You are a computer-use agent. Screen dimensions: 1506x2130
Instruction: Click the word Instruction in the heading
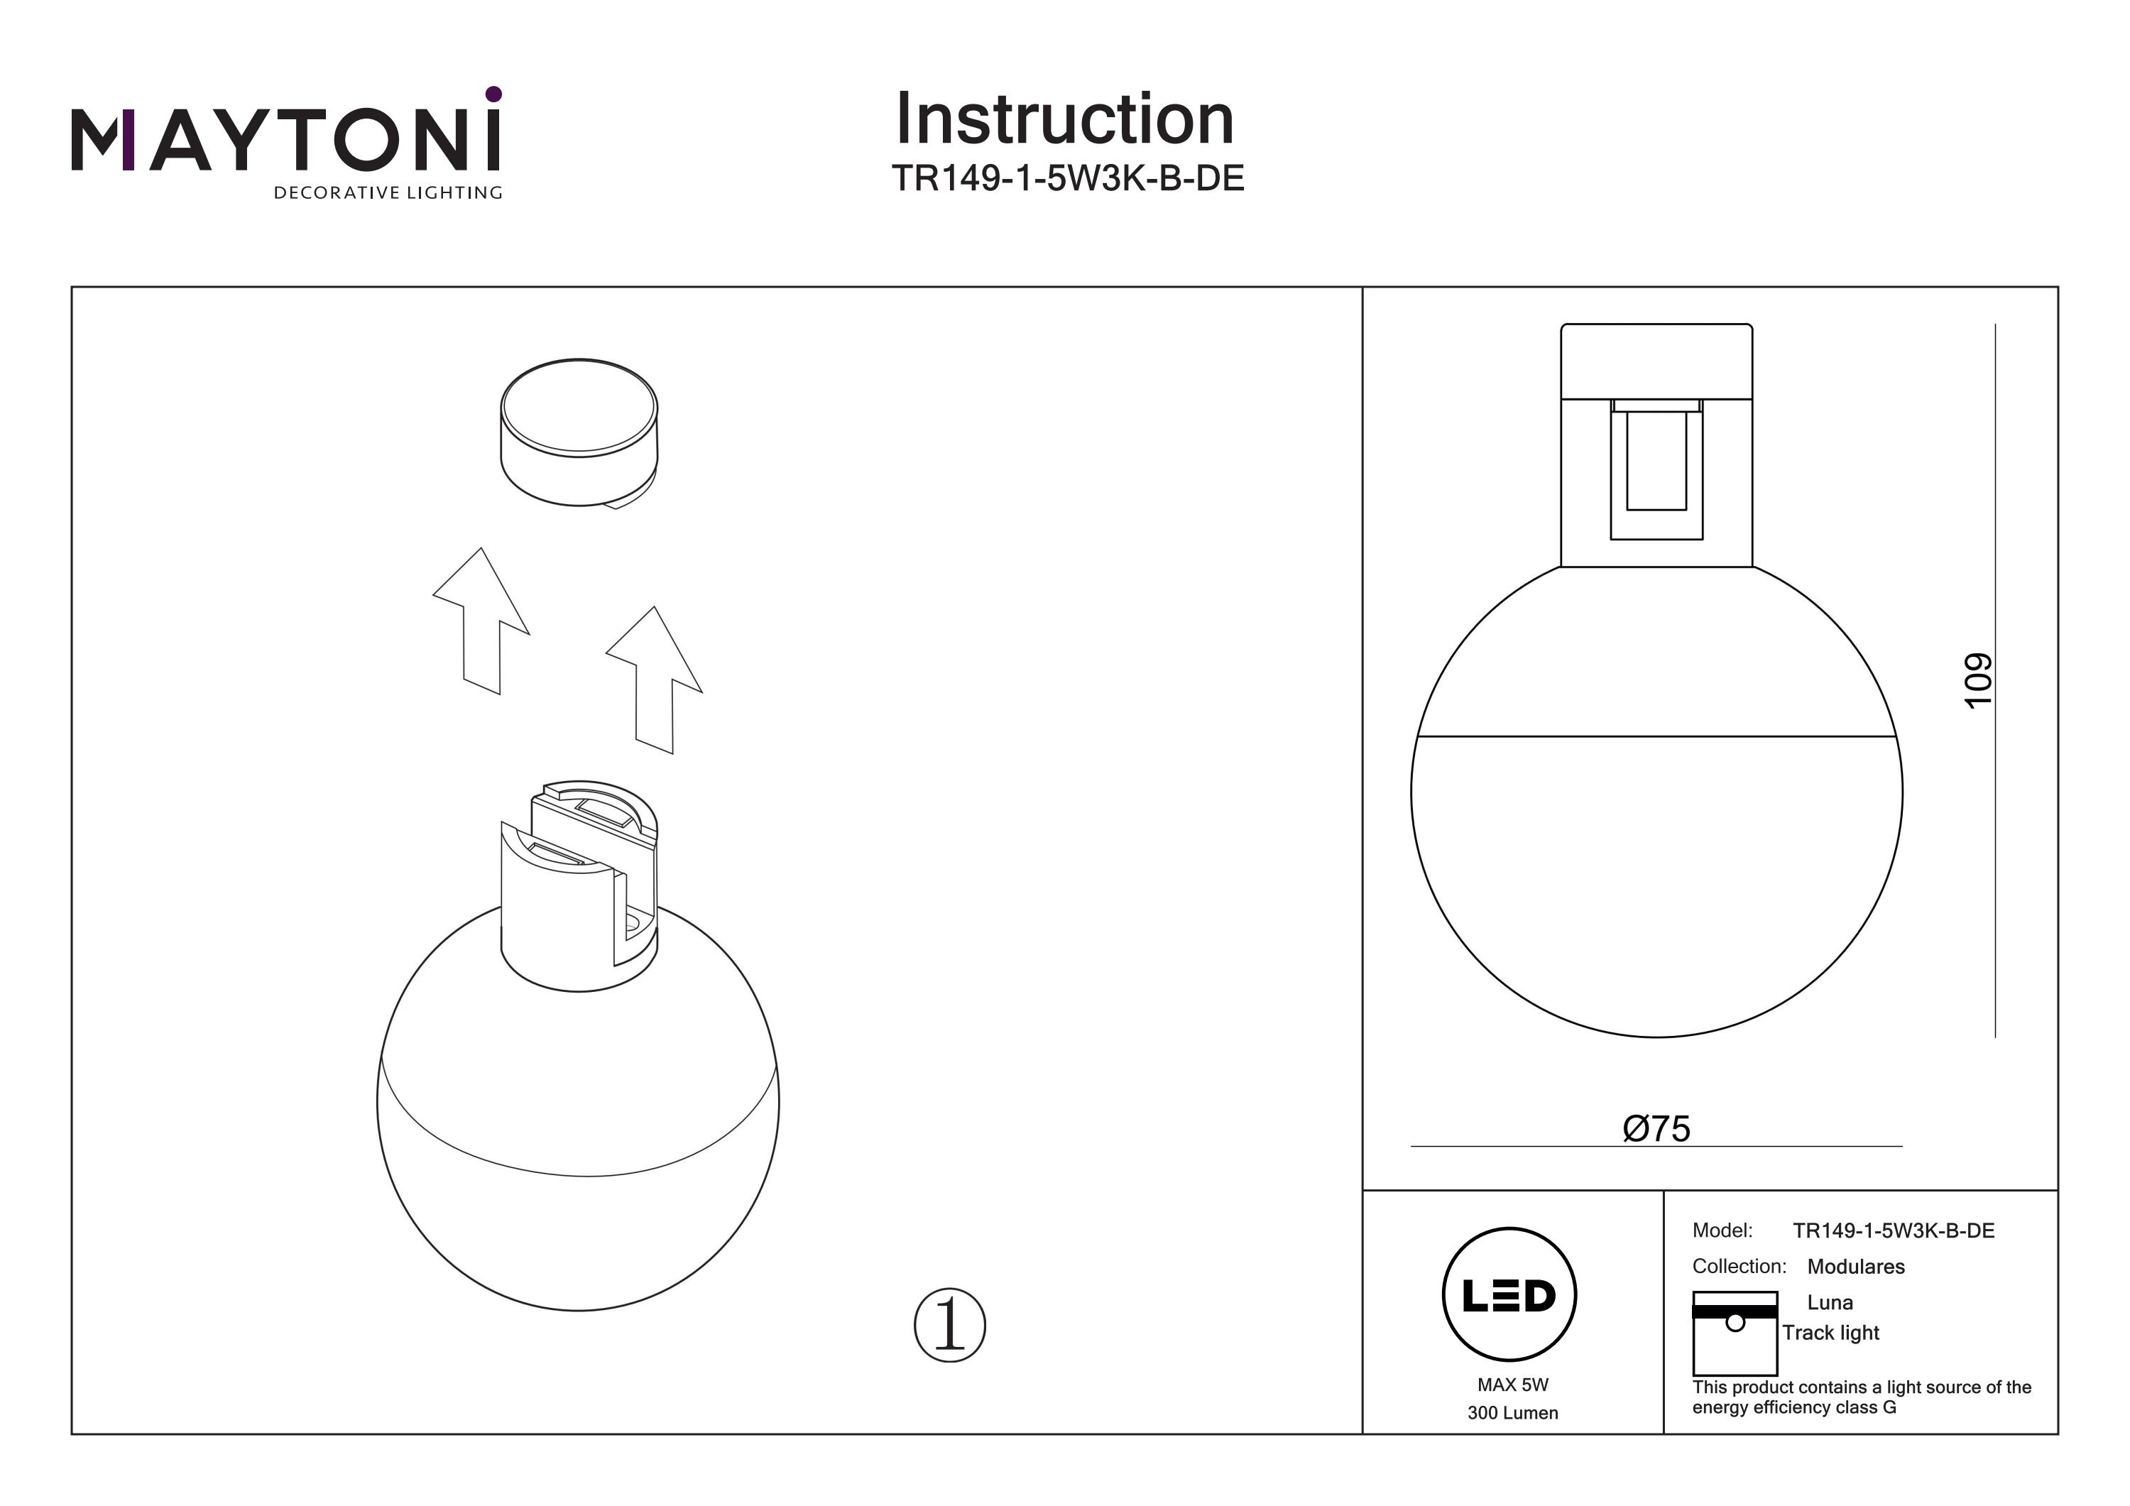tap(1065, 120)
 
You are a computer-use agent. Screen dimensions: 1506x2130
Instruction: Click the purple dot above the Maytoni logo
tap(493, 94)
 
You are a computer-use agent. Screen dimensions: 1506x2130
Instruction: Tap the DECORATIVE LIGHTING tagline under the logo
tap(388, 193)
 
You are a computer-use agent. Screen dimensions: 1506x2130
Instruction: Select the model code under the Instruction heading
tap(1067, 178)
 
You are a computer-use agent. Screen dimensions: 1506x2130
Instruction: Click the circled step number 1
tap(949, 1325)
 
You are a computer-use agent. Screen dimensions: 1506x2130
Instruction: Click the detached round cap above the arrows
tap(579, 432)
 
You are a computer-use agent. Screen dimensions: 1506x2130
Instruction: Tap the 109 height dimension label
tap(1977, 680)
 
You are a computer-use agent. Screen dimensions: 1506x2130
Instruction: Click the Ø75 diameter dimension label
tap(1656, 1128)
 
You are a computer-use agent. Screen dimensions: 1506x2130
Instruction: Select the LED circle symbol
tap(1509, 1295)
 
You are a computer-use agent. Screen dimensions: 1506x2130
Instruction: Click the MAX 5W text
tap(1513, 1385)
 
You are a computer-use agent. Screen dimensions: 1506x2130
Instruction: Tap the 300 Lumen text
tap(1513, 1413)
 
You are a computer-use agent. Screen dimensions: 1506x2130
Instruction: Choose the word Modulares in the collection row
tap(1855, 1267)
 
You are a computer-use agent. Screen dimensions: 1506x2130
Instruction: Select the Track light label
tap(1830, 1333)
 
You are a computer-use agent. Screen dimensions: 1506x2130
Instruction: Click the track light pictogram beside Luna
tap(1734, 1333)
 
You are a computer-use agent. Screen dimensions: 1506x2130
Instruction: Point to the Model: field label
tap(1722, 1231)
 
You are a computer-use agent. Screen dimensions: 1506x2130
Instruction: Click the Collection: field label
tap(1739, 1267)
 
